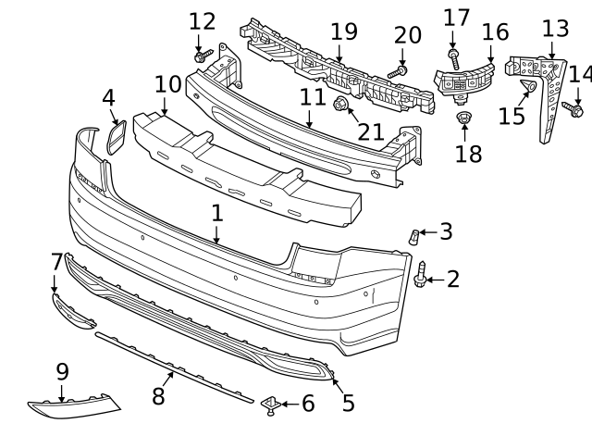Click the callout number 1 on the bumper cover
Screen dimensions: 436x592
[x=216, y=214]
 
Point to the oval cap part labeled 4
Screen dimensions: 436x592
[x=118, y=137]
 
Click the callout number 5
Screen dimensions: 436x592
[x=348, y=404]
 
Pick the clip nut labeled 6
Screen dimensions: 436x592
[x=272, y=403]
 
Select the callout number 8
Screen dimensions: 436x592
[x=158, y=396]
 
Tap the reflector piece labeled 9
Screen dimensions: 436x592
[x=74, y=405]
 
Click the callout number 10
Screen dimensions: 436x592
[x=167, y=84]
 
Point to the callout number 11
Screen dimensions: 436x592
[x=312, y=97]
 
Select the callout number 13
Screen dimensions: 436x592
[x=555, y=29]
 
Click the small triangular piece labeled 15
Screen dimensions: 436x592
[x=528, y=90]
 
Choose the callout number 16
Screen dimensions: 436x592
[x=495, y=32]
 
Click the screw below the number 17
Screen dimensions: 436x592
[x=453, y=56]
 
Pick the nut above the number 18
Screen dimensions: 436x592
[x=464, y=118]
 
